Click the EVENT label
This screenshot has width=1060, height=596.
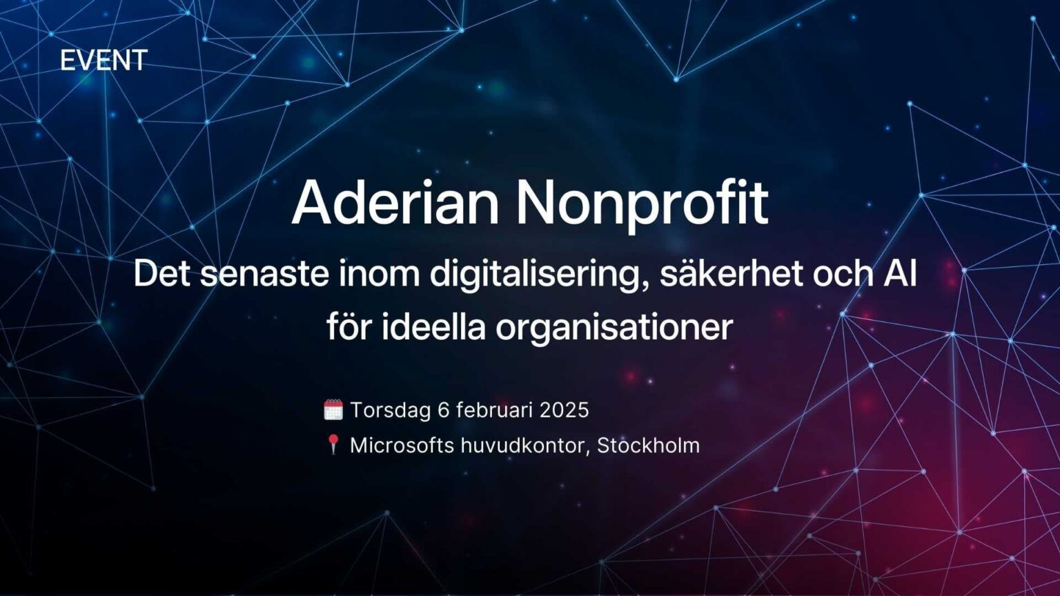pos(104,61)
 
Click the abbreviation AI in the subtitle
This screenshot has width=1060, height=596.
pos(900,274)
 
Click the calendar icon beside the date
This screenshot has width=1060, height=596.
pos(333,410)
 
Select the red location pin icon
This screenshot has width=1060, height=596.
pos(333,445)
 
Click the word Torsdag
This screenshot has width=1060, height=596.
pos(391,410)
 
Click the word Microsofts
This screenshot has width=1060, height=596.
pos(402,445)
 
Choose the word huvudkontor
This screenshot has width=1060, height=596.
pos(524,445)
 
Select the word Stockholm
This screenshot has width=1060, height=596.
pos(648,445)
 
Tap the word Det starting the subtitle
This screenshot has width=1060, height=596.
pos(161,274)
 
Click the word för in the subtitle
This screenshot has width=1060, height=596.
pos(349,326)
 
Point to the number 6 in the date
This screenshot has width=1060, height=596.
pos(444,410)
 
